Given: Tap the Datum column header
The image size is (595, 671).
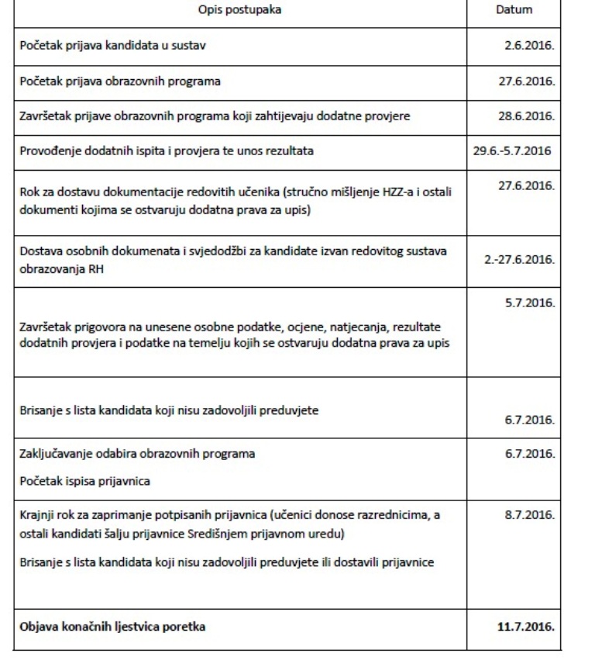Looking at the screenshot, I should (x=514, y=13).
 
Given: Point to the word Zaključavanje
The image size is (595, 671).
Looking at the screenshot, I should (x=53, y=453).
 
